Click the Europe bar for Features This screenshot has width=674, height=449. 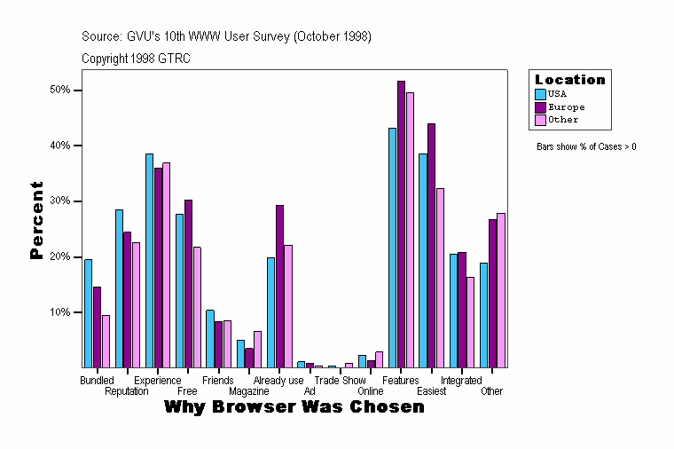click(401, 224)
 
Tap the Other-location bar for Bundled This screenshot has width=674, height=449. click(106, 341)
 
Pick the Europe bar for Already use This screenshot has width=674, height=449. click(279, 286)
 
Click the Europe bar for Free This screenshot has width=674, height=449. click(188, 283)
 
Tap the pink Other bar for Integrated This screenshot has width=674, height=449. click(470, 322)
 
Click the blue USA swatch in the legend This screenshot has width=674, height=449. click(541, 93)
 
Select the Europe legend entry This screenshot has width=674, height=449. click(566, 106)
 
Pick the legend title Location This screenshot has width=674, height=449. click(569, 80)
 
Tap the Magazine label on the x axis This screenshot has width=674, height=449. click(248, 391)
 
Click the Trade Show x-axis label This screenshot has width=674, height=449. click(333, 381)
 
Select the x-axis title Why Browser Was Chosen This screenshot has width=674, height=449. click(294, 407)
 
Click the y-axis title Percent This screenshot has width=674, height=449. click(36, 220)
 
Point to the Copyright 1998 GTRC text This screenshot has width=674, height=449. click(136, 59)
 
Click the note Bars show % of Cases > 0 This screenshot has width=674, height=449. click(586, 146)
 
